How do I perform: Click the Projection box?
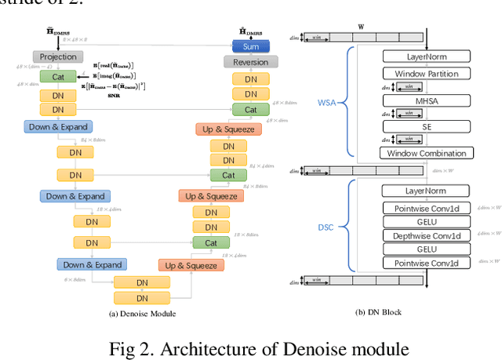59,56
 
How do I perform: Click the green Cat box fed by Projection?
59,76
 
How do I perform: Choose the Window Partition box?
426,74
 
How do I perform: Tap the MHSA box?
426,100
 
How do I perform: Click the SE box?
426,126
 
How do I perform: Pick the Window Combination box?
426,153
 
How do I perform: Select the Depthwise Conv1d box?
426,235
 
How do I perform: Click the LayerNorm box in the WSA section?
426,56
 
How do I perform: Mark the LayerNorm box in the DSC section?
426,191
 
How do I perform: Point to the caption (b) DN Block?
378,313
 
